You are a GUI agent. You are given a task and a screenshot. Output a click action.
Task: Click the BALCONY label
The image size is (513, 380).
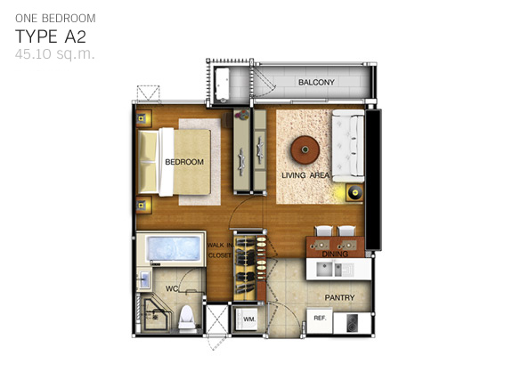(316, 83)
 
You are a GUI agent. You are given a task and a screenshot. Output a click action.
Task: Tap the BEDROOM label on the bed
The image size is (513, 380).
(184, 162)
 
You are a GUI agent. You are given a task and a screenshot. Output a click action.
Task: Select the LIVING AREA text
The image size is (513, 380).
(305, 175)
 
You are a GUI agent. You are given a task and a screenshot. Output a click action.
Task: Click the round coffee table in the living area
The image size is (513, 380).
(305, 150)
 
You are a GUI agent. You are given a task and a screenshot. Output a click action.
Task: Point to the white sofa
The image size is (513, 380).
(348, 146)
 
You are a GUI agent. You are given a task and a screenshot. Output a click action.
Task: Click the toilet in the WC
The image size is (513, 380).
(187, 317)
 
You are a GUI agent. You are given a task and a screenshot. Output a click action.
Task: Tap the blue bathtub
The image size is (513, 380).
(174, 248)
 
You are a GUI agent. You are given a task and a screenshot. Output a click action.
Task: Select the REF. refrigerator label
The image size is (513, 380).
(320, 318)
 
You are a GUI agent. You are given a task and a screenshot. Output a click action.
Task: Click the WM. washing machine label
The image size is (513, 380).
(249, 319)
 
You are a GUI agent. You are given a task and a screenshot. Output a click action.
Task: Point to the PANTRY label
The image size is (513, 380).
(339, 298)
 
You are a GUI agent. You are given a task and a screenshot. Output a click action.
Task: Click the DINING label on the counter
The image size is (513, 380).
(335, 255)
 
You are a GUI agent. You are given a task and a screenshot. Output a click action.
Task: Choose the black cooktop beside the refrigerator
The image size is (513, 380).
(353, 323)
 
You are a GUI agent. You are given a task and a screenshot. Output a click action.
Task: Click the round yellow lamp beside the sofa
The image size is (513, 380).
(354, 192)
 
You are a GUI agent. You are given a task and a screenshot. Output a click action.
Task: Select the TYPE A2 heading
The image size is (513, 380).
(51, 36)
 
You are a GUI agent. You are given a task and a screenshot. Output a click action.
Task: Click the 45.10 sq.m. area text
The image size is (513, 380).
(54, 54)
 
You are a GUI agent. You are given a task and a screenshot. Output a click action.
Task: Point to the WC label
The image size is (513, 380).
(172, 288)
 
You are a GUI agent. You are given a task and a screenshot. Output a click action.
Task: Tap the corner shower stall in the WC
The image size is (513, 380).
(155, 313)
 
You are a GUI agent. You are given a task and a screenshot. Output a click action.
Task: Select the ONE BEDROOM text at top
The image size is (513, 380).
(55, 19)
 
